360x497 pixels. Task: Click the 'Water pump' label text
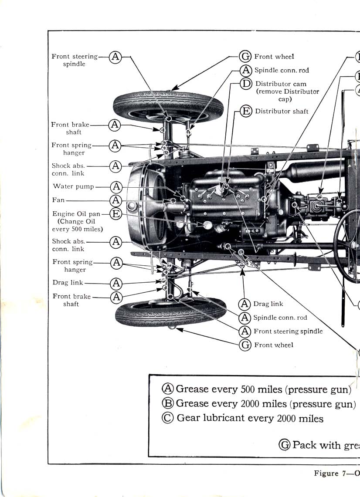(x=73, y=186)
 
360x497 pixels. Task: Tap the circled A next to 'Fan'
(x=116, y=200)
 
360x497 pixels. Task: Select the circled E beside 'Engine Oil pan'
(x=115, y=213)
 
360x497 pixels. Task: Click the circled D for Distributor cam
(x=246, y=84)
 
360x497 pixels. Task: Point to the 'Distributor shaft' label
(x=282, y=111)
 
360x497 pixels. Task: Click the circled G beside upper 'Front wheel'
(x=246, y=57)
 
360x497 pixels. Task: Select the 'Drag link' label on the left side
(x=68, y=283)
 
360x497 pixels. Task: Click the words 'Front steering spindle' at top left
(x=75, y=60)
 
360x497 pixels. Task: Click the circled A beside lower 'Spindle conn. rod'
(x=246, y=318)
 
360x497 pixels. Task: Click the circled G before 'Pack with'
(x=285, y=445)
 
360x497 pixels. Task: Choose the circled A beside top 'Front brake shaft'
(x=115, y=125)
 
